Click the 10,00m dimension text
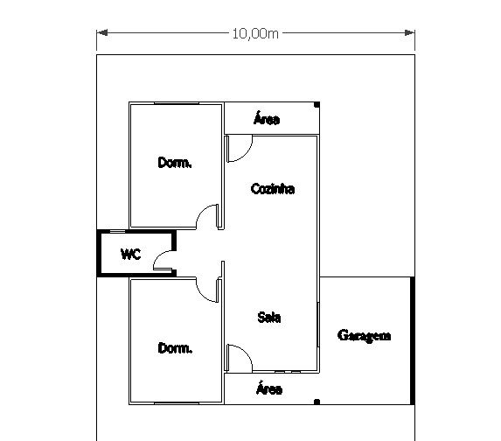tap(255, 33)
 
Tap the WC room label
tap(130, 255)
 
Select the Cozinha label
tap(273, 189)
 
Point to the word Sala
tap(269, 318)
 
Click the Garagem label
tap(364, 336)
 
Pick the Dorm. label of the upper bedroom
tap(175, 163)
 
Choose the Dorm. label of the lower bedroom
tap(175, 347)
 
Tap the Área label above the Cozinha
tap(267, 118)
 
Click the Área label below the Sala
tap(269, 388)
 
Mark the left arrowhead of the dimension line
tap(102, 32)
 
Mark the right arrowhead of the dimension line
tap(409, 32)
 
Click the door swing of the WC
tap(159, 255)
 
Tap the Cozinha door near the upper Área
tap(246, 155)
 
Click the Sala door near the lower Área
tap(246, 352)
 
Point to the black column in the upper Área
tap(317, 105)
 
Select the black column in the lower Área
tap(317, 402)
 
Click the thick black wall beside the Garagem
tap(413, 340)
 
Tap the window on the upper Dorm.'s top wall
tap(177, 103)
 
